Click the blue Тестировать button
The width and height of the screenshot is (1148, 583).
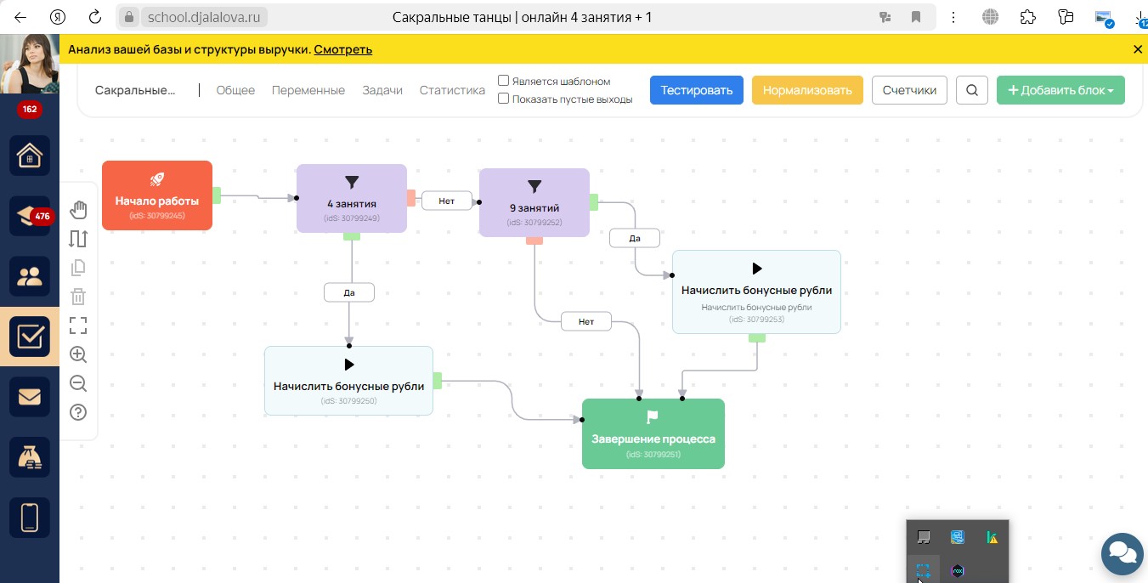point(696,90)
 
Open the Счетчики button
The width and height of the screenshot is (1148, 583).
point(909,90)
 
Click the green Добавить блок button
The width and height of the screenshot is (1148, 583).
point(1060,90)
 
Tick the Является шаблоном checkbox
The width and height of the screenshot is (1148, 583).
point(503,81)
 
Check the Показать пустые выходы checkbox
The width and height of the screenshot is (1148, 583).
point(503,99)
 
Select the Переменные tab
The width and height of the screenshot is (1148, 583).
point(308,90)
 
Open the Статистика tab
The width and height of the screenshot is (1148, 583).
point(452,90)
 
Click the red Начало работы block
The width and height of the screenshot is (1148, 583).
point(157,195)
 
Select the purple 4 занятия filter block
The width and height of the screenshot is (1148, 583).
point(352,198)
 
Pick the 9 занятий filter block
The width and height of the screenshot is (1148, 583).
point(534,202)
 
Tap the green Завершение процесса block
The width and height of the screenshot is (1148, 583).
point(653,433)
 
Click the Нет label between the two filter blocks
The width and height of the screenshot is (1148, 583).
point(446,201)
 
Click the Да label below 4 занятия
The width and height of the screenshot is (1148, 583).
point(349,293)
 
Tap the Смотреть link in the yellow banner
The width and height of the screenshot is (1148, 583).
point(342,49)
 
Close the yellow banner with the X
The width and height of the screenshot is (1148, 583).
point(1137,49)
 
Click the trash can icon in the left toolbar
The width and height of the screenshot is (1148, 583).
point(78,297)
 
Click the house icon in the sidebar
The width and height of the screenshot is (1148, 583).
point(30,156)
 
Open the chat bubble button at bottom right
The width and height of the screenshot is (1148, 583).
point(1123,554)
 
